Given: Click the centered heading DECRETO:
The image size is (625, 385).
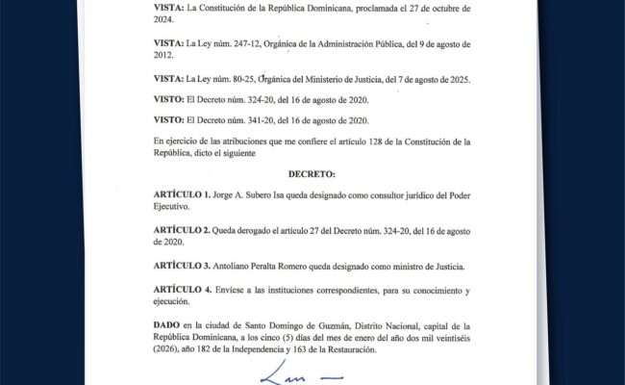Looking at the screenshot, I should pyautogui.click(x=312, y=176).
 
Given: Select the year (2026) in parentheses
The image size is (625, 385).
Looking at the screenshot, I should pyautogui.click(x=169, y=349).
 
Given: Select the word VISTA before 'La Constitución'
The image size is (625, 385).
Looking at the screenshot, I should pyautogui.click(x=171, y=8).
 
